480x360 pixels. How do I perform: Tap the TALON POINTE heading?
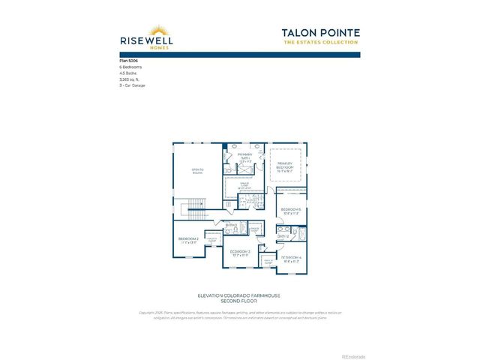point(321,32)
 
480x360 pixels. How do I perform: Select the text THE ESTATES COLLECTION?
point(321,42)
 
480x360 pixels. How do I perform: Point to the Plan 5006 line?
point(129,59)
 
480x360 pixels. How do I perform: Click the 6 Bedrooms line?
point(130,67)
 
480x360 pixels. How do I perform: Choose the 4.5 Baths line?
point(128,73)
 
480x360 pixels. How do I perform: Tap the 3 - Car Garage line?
point(133,86)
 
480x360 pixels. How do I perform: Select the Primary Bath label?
point(244,157)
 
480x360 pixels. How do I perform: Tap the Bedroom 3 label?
point(240,252)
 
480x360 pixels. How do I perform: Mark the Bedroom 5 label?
point(291,211)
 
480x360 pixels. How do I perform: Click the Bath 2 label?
point(283,236)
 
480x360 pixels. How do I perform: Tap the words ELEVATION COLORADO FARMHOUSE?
point(239,295)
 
